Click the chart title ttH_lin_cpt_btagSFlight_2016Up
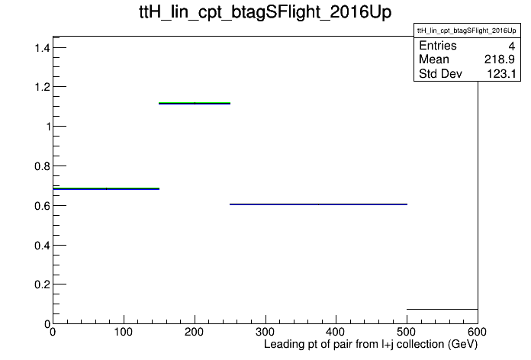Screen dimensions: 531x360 (x=265, y=12)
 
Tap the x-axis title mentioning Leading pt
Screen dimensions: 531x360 (x=371, y=344)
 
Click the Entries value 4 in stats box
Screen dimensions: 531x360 (x=511, y=46)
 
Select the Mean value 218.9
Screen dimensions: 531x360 (x=500, y=59)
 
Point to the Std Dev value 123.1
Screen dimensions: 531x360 (x=501, y=73)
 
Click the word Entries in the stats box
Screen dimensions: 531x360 (x=438, y=45)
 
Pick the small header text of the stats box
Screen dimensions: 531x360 (x=467, y=31)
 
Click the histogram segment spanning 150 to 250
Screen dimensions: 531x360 (x=195, y=103)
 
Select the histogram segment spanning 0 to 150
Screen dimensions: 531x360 (x=106, y=188)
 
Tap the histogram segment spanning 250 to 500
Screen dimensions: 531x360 (x=318, y=204)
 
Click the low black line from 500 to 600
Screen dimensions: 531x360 (x=443, y=309)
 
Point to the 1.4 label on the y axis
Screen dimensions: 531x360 (x=42, y=48)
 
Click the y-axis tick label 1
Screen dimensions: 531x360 (x=48, y=127)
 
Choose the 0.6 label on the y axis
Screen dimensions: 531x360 (x=42, y=206)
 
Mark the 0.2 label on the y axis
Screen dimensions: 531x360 (x=42, y=284)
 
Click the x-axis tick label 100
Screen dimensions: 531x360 (x=124, y=332)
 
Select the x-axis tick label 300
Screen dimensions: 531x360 (x=265, y=332)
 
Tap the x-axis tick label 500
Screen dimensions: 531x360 (x=407, y=332)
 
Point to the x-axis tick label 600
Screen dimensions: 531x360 (x=477, y=332)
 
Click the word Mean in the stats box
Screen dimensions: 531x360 (x=434, y=59)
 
